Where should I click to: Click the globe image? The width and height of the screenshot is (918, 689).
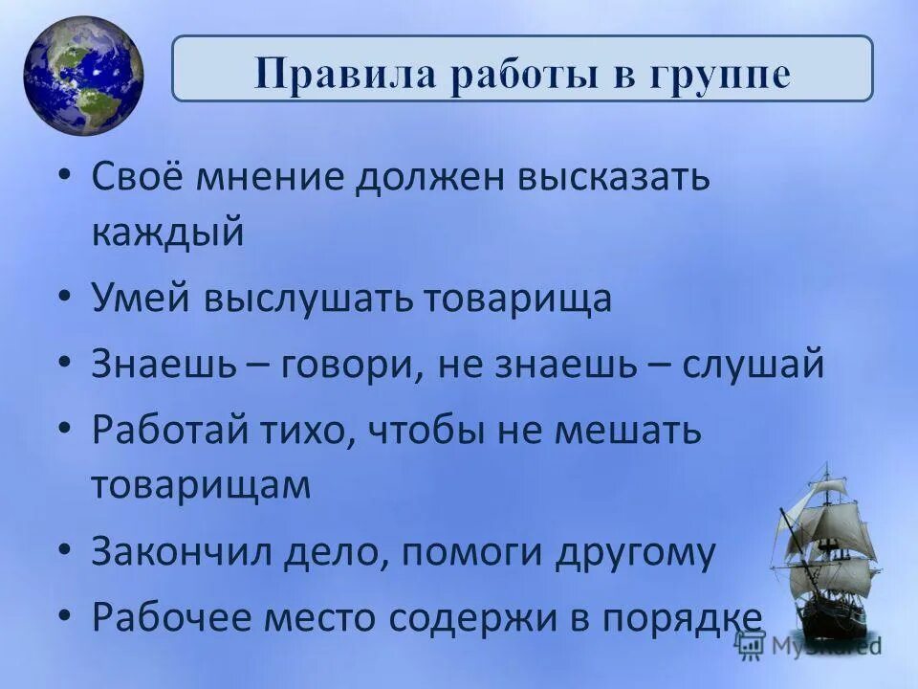[x=83, y=77]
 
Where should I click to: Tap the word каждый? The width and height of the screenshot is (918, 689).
[x=168, y=233]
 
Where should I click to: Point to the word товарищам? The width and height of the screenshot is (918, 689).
[x=202, y=484]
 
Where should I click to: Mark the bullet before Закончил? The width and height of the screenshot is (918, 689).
[x=62, y=552]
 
